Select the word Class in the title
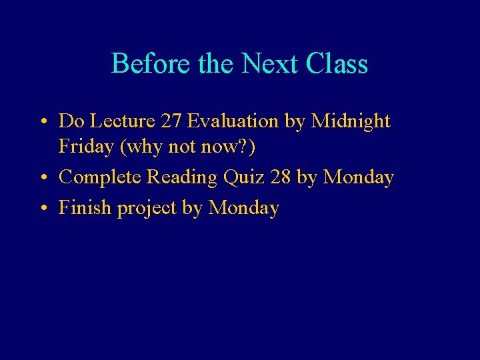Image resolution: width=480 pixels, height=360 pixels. click(x=337, y=64)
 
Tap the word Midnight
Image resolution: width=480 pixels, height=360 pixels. click(x=351, y=121)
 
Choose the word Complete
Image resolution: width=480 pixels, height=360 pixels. click(x=100, y=178)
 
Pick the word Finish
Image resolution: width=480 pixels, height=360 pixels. click(x=85, y=208)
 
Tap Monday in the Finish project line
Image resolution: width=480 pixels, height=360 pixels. click(x=243, y=208)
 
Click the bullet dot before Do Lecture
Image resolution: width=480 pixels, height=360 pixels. click(x=42, y=122)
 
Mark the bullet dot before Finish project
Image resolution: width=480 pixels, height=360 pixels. click(x=42, y=209)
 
